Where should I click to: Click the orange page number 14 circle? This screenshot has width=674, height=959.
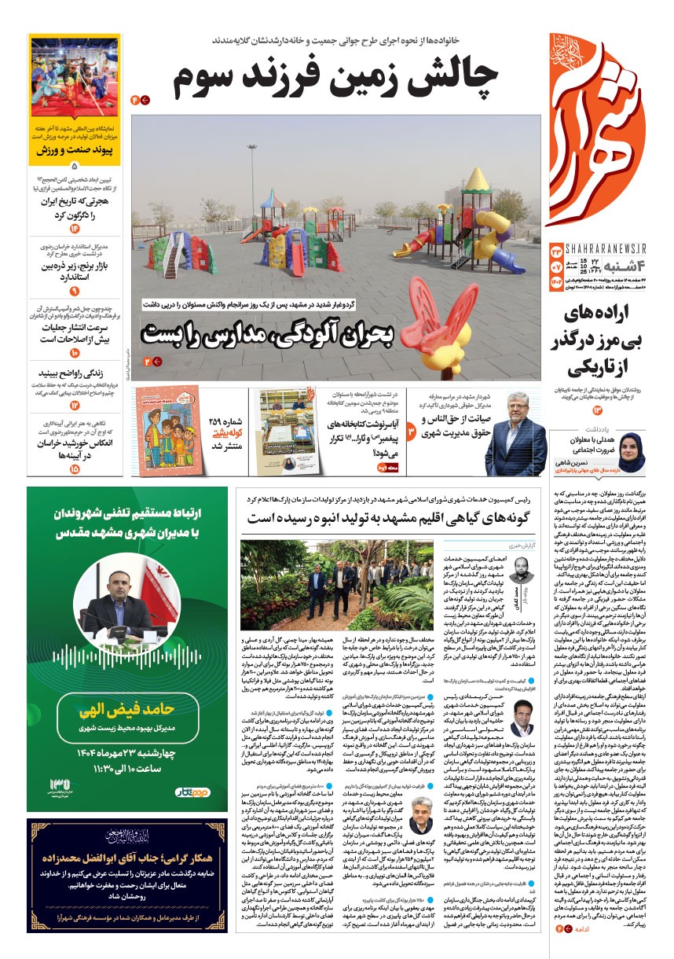[x=75, y=229]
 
